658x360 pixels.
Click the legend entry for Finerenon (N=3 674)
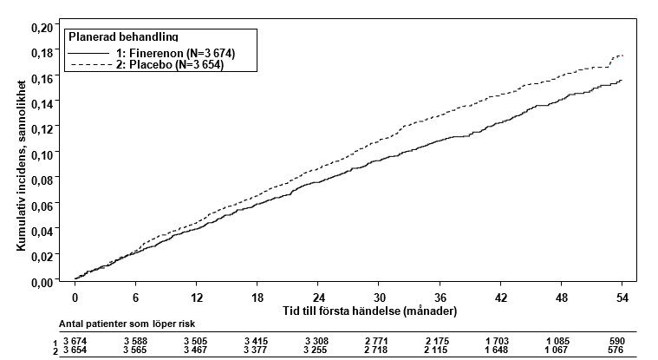click(152, 53)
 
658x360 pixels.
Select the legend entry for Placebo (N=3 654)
click(146, 65)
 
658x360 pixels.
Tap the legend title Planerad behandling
click(123, 37)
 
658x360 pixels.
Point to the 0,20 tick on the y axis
click(42, 28)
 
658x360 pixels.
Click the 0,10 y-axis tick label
click(42, 155)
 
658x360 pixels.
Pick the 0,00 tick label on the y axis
click(42, 283)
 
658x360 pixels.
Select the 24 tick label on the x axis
click(318, 298)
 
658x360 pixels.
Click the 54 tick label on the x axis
click(622, 298)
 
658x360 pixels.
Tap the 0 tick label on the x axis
click(75, 298)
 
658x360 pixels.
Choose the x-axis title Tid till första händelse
click(369, 311)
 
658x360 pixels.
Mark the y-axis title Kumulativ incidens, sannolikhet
click(22, 166)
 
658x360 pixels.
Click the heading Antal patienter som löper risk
click(127, 324)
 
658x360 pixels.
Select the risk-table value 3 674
click(75, 341)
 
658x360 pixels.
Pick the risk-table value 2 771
click(376, 341)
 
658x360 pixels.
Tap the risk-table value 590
click(617, 341)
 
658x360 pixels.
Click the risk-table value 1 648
click(496, 350)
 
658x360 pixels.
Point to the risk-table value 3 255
click(316, 350)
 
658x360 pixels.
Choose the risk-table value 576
click(616, 350)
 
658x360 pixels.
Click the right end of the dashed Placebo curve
click(622, 56)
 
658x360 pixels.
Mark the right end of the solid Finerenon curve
click(622, 80)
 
